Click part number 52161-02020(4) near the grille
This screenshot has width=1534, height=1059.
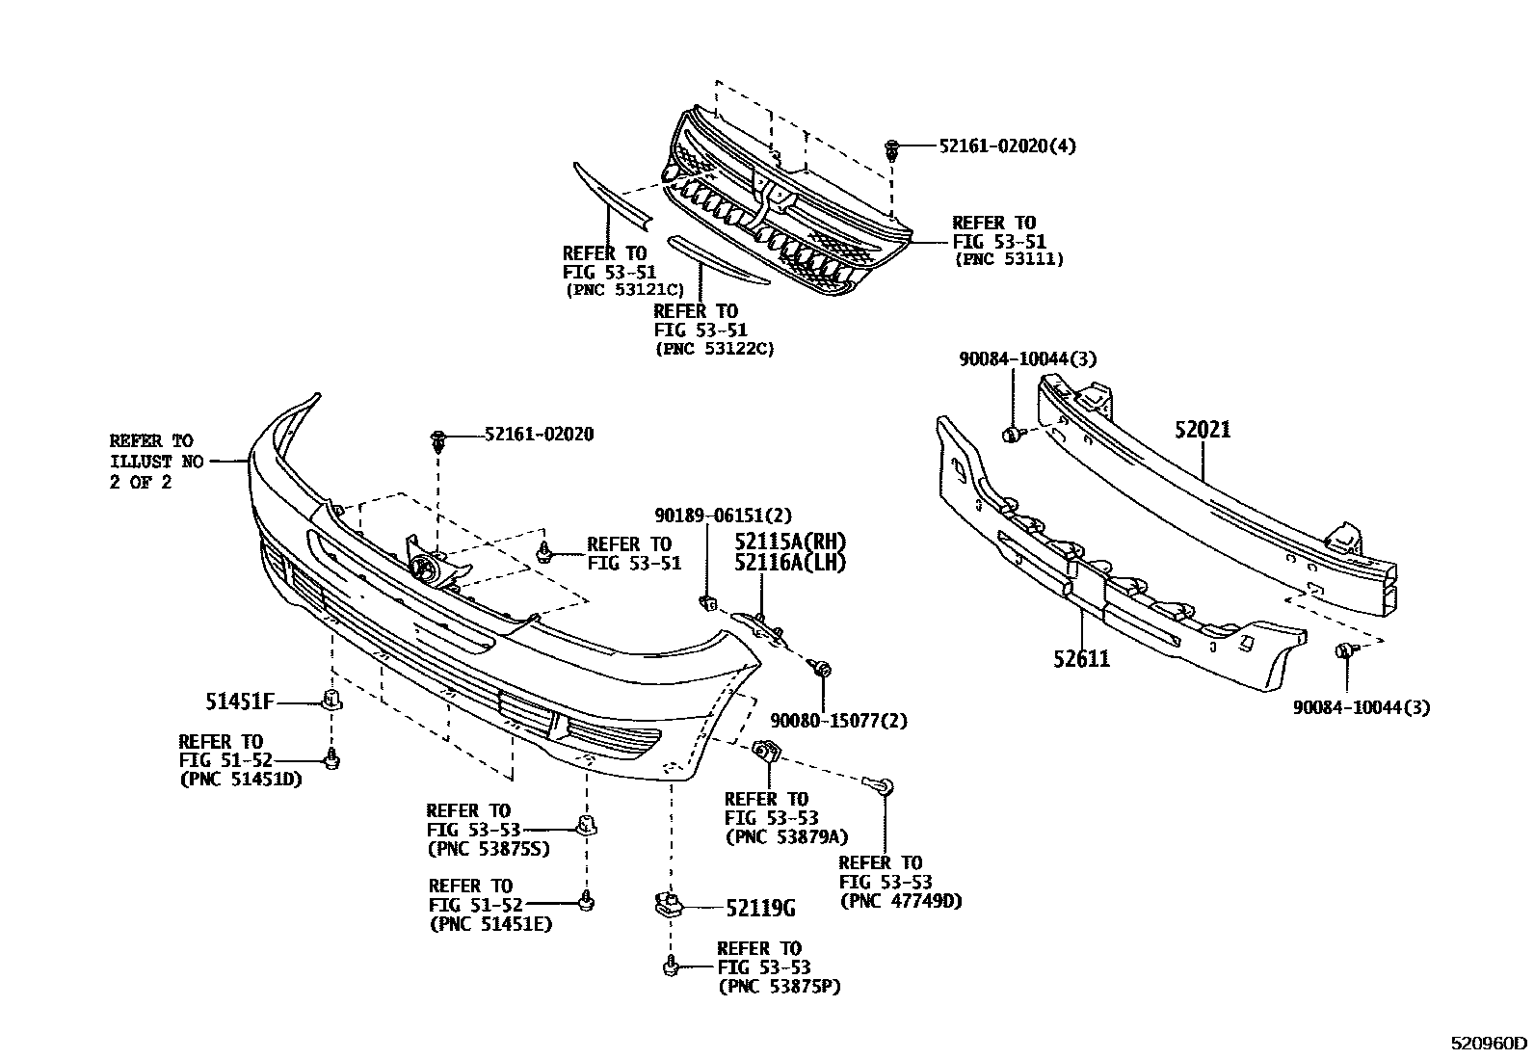(1007, 146)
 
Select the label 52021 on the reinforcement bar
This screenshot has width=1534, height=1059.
(1203, 430)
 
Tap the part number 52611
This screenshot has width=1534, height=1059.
(1081, 659)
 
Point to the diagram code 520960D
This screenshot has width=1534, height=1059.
(1491, 1043)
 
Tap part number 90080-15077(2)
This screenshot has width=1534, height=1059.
(838, 720)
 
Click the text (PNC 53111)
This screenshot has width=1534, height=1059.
(1009, 259)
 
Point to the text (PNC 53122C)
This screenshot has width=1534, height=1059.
(714, 349)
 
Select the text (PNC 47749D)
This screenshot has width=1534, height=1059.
(901, 901)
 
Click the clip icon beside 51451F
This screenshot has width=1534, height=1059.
(331, 700)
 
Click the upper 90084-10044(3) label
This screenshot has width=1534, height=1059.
(1027, 358)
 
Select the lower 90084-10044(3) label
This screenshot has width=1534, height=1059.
(1361, 707)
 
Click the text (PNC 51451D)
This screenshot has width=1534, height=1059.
(241, 779)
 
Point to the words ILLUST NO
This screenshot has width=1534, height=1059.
(156, 462)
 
